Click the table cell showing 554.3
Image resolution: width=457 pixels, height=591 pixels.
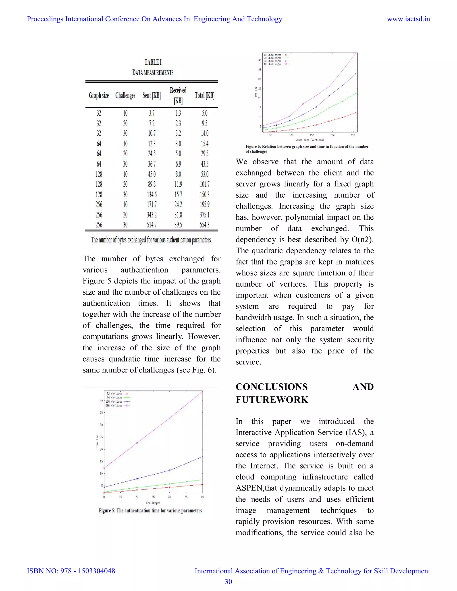pos(205,225)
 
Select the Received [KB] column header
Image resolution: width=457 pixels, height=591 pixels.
pos(178,95)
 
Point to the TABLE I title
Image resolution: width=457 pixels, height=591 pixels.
pos(153,62)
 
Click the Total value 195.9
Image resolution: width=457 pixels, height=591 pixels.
pos(205,205)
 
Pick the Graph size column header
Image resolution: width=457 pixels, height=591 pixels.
pos(99,95)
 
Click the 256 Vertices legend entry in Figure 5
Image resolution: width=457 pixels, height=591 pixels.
pos(114,405)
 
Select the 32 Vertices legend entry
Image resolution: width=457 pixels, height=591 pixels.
pos(114,394)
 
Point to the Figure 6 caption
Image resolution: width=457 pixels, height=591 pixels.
pos(307,149)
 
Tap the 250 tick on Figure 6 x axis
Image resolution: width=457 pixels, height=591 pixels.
pos(353,135)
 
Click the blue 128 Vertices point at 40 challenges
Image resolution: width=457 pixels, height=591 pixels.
pos(203,457)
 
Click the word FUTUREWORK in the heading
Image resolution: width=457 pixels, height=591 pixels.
pos(272,400)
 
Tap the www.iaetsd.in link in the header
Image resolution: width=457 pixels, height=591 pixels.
pos(408,19)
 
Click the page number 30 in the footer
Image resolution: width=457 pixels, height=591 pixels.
pos(228,582)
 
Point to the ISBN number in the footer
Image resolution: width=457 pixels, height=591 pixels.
pos(71,571)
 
